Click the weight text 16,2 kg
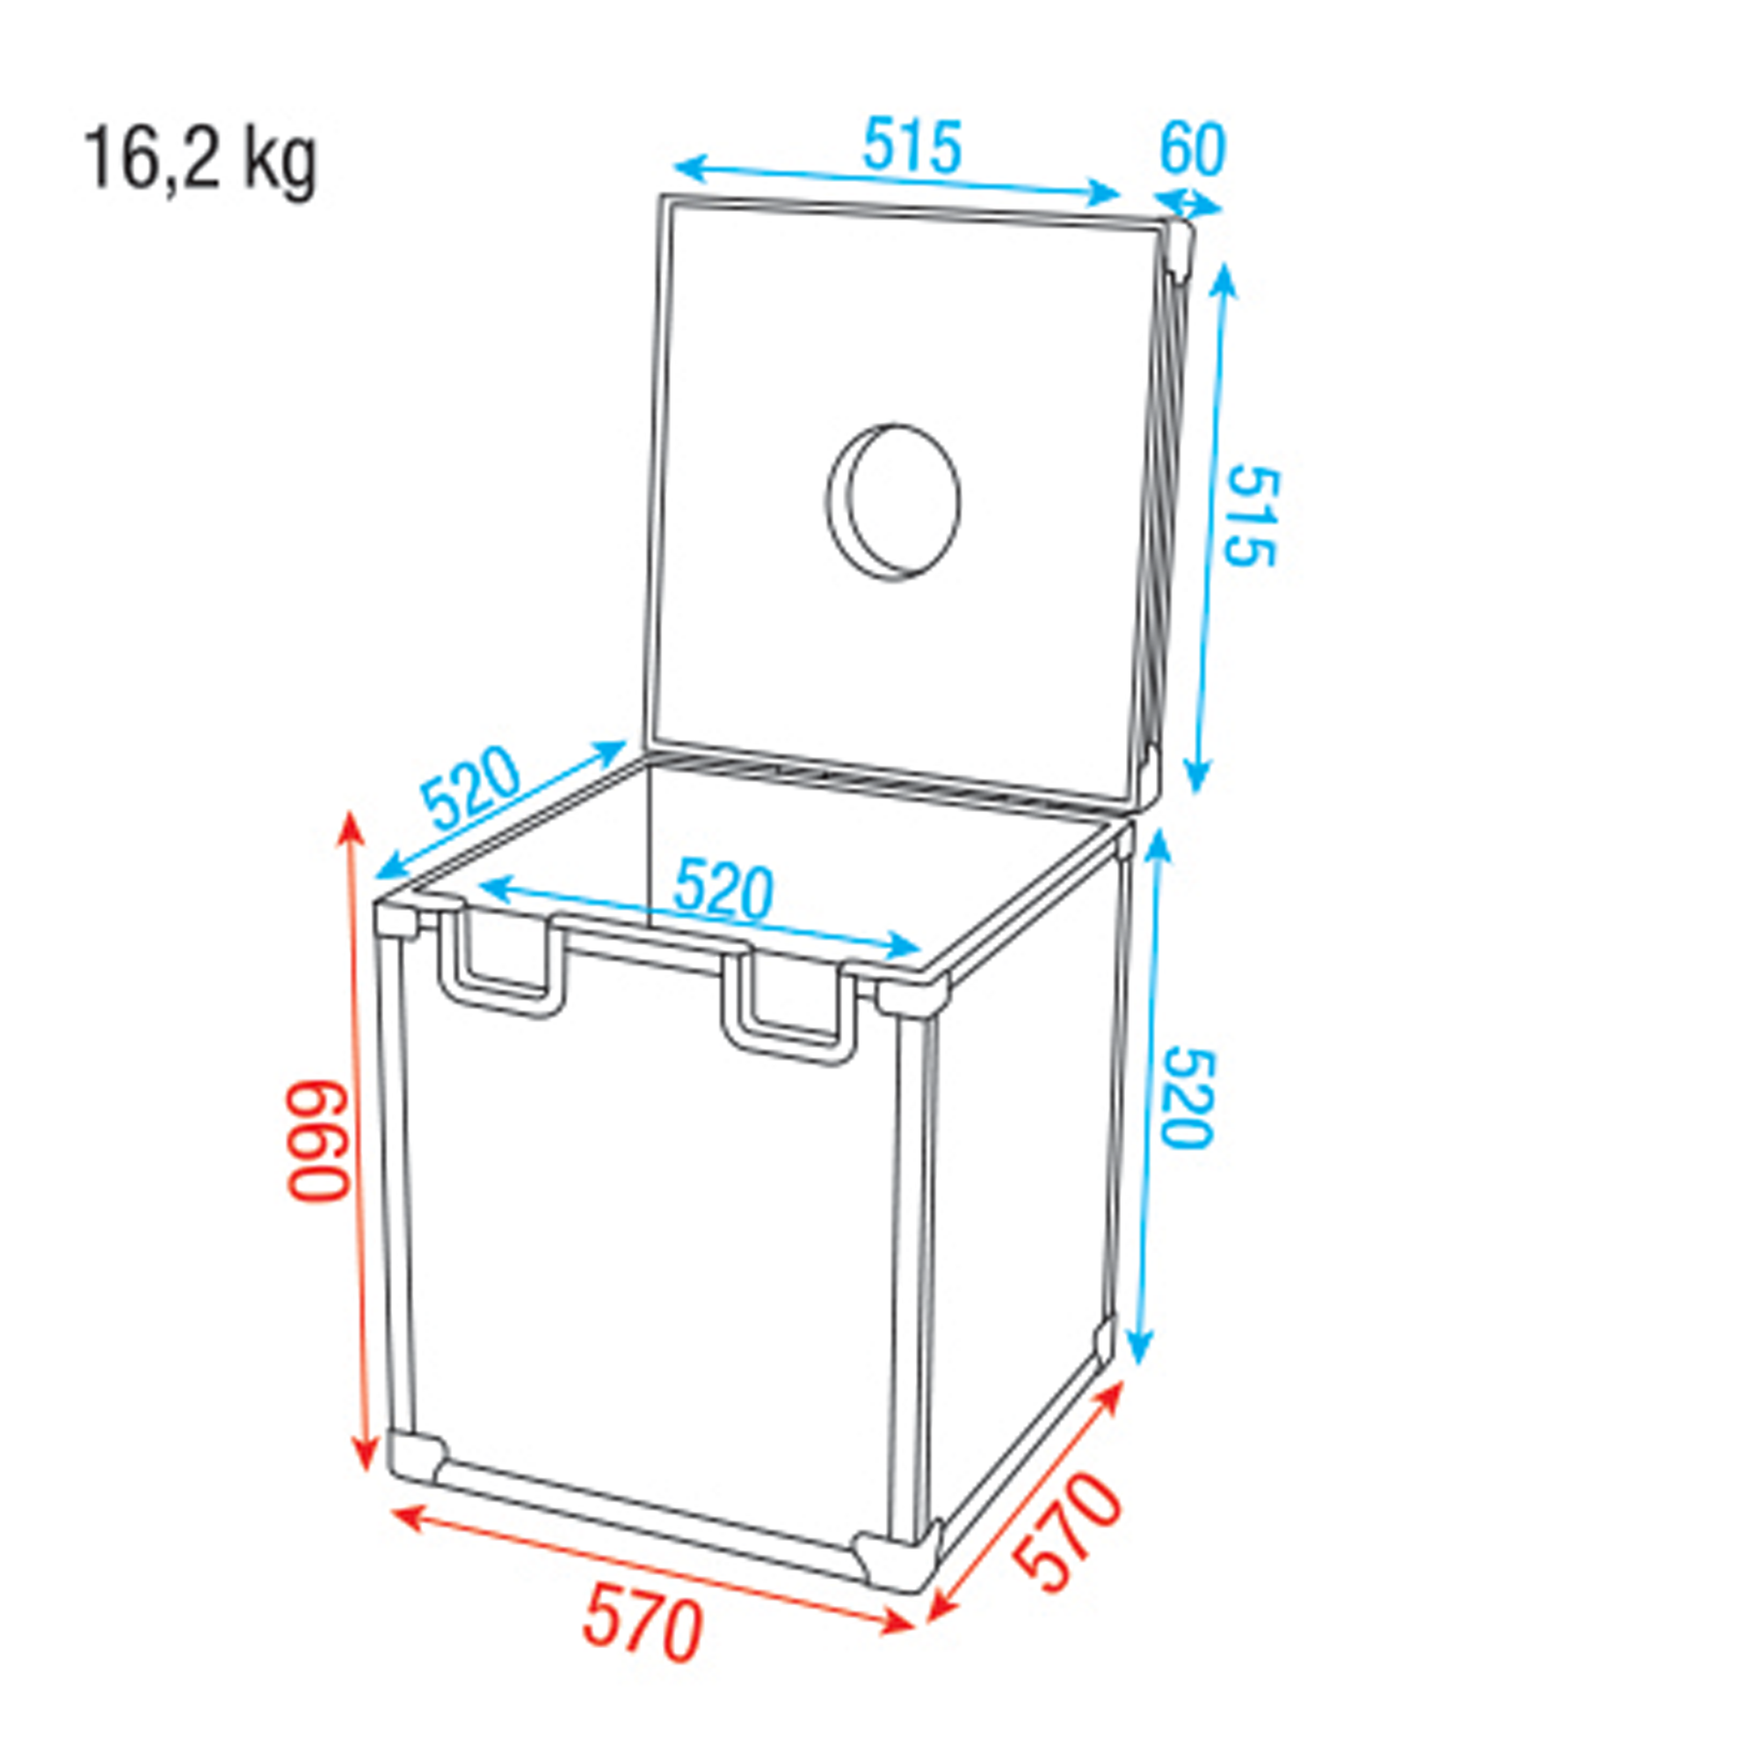(201, 161)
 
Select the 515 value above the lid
(912, 146)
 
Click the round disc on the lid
(894, 501)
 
